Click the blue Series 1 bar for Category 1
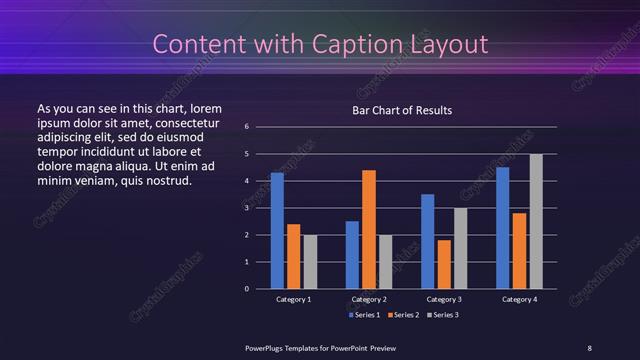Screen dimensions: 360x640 pyautogui.click(x=277, y=231)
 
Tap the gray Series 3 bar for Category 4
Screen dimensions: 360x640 pyautogui.click(x=536, y=221)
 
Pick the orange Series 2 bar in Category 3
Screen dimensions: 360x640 pyautogui.click(x=444, y=264)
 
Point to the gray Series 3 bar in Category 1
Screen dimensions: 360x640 pyautogui.click(x=310, y=262)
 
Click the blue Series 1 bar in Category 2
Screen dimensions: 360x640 pyautogui.click(x=352, y=255)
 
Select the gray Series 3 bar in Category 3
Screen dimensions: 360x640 pyautogui.click(x=461, y=248)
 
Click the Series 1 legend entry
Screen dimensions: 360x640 pyautogui.click(x=364, y=314)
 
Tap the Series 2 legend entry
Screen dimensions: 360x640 pyautogui.click(x=402, y=314)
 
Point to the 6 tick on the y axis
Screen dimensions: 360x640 pyautogui.click(x=246, y=127)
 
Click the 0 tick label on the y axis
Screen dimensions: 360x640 pyautogui.click(x=246, y=289)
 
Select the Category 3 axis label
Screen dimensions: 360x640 pyautogui.click(x=444, y=299)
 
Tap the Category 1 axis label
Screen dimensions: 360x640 pyautogui.click(x=294, y=299)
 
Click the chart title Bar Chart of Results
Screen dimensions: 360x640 pyautogui.click(x=402, y=110)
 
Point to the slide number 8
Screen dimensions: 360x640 pyautogui.click(x=589, y=347)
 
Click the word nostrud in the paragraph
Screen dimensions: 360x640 pyautogui.click(x=165, y=181)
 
